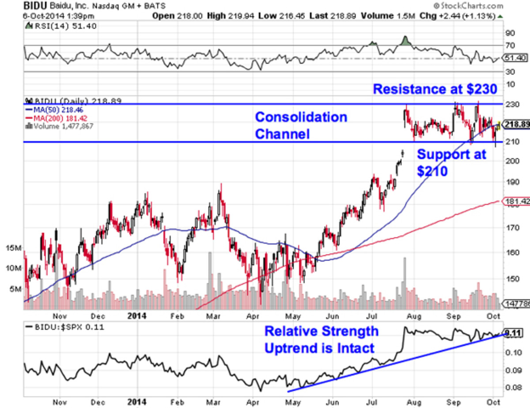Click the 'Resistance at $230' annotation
pos(435,89)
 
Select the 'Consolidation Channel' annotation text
pos(301,126)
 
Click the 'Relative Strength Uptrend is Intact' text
pos(321,339)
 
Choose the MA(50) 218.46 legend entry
pos(55,110)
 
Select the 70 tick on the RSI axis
pos(510,45)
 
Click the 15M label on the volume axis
pos(13,248)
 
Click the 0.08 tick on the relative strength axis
pos(512,387)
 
